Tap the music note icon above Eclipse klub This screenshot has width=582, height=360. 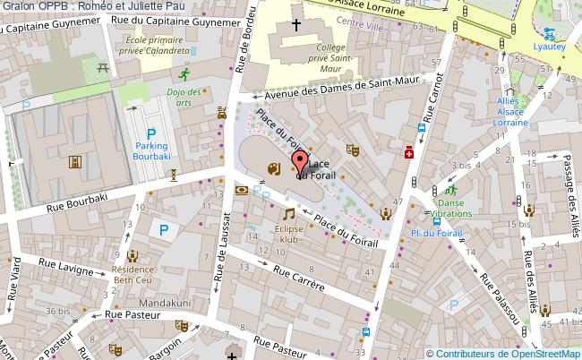288,214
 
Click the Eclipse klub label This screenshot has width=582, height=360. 287,235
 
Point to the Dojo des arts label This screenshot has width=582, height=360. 184,97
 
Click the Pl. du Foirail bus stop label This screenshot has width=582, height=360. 437,234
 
